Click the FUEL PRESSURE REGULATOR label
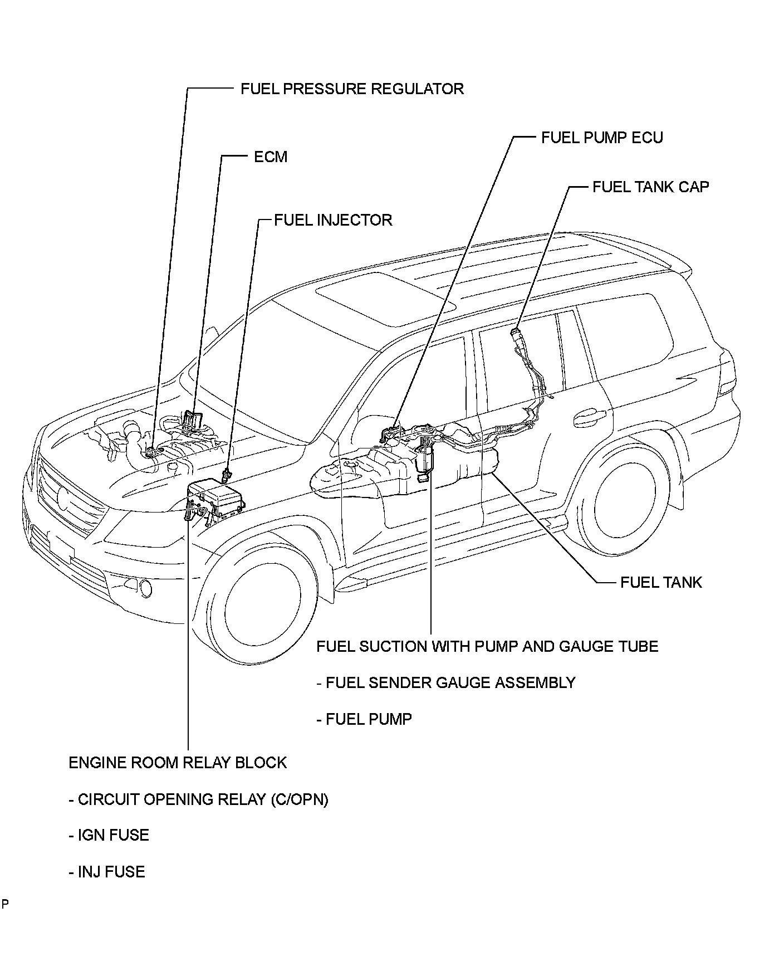(352, 89)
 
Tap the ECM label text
(271, 157)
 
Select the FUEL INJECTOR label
(333, 220)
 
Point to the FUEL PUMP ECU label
(602, 138)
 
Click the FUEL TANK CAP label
(650, 187)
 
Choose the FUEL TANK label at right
(661, 583)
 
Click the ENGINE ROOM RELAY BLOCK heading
(178, 763)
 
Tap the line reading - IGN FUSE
(109, 836)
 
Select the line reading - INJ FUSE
(107, 872)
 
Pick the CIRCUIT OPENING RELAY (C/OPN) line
(199, 799)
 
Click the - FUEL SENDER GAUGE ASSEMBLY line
(446, 683)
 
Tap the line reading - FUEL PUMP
(364, 719)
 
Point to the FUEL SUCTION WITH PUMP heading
(487, 647)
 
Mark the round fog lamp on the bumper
(148, 587)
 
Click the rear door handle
(590, 415)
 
